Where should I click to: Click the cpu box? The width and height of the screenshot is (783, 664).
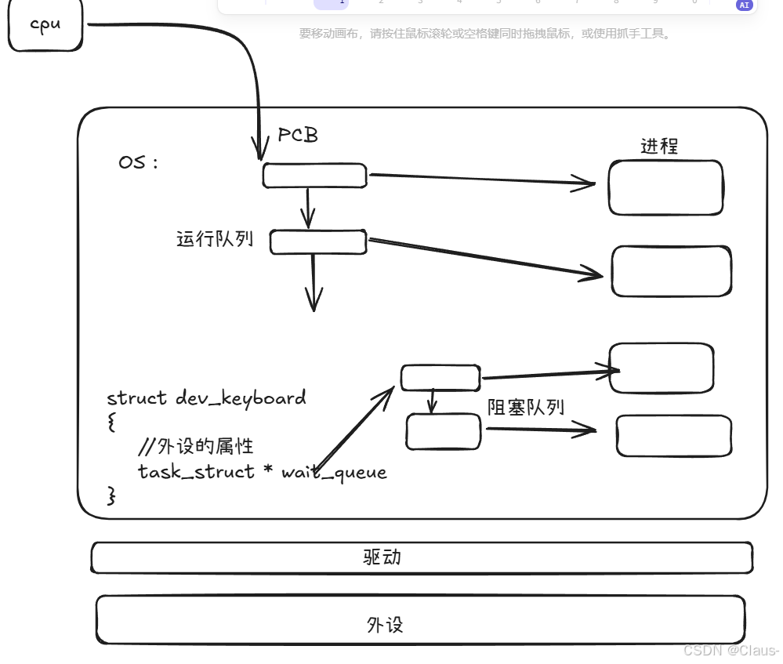pyautogui.click(x=45, y=25)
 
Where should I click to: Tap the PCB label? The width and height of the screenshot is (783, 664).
pyautogui.click(x=298, y=135)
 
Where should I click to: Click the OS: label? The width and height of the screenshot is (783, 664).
pyautogui.click(x=138, y=163)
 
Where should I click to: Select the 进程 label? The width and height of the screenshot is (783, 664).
pyautogui.click(x=658, y=146)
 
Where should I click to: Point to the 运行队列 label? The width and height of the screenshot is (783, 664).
pyautogui.click(x=215, y=238)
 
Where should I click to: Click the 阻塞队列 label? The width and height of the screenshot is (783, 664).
pyautogui.click(x=525, y=407)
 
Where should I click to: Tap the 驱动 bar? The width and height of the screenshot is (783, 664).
pyautogui.click(x=422, y=557)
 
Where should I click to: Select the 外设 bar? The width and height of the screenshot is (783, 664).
pyautogui.click(x=420, y=624)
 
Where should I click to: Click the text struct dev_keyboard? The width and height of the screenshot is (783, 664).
pyautogui.click(x=206, y=397)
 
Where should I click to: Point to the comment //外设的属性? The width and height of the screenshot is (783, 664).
pyautogui.click(x=195, y=447)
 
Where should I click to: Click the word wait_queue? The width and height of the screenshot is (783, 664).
pyautogui.click(x=334, y=472)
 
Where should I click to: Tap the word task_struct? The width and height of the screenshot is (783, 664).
pyautogui.click(x=196, y=472)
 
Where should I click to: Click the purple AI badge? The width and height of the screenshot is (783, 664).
pyautogui.click(x=744, y=5)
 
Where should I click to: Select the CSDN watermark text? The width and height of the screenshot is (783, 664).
pyautogui.click(x=730, y=651)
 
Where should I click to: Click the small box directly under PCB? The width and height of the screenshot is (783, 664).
pyautogui.click(x=314, y=176)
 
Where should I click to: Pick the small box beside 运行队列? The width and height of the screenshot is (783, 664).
pyautogui.click(x=318, y=242)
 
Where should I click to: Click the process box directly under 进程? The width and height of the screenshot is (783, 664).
pyautogui.click(x=665, y=187)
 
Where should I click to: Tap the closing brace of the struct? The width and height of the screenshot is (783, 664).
pyautogui.click(x=111, y=495)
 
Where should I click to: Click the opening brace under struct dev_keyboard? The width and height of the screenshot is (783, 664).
pyautogui.click(x=111, y=423)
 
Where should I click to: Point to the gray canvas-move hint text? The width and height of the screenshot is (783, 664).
pyautogui.click(x=485, y=34)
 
